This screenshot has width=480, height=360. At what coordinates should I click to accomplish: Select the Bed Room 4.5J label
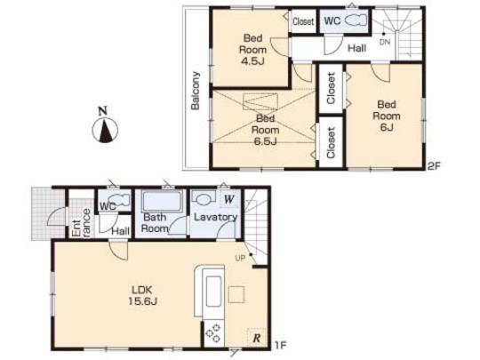252,50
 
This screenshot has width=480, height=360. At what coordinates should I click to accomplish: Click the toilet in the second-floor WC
356,20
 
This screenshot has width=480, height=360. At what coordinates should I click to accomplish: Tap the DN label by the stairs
384,42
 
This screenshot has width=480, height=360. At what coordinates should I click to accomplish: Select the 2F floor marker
433,166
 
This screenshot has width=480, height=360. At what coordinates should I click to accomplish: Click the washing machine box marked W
228,200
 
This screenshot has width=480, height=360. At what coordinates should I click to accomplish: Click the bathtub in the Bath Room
161,202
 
